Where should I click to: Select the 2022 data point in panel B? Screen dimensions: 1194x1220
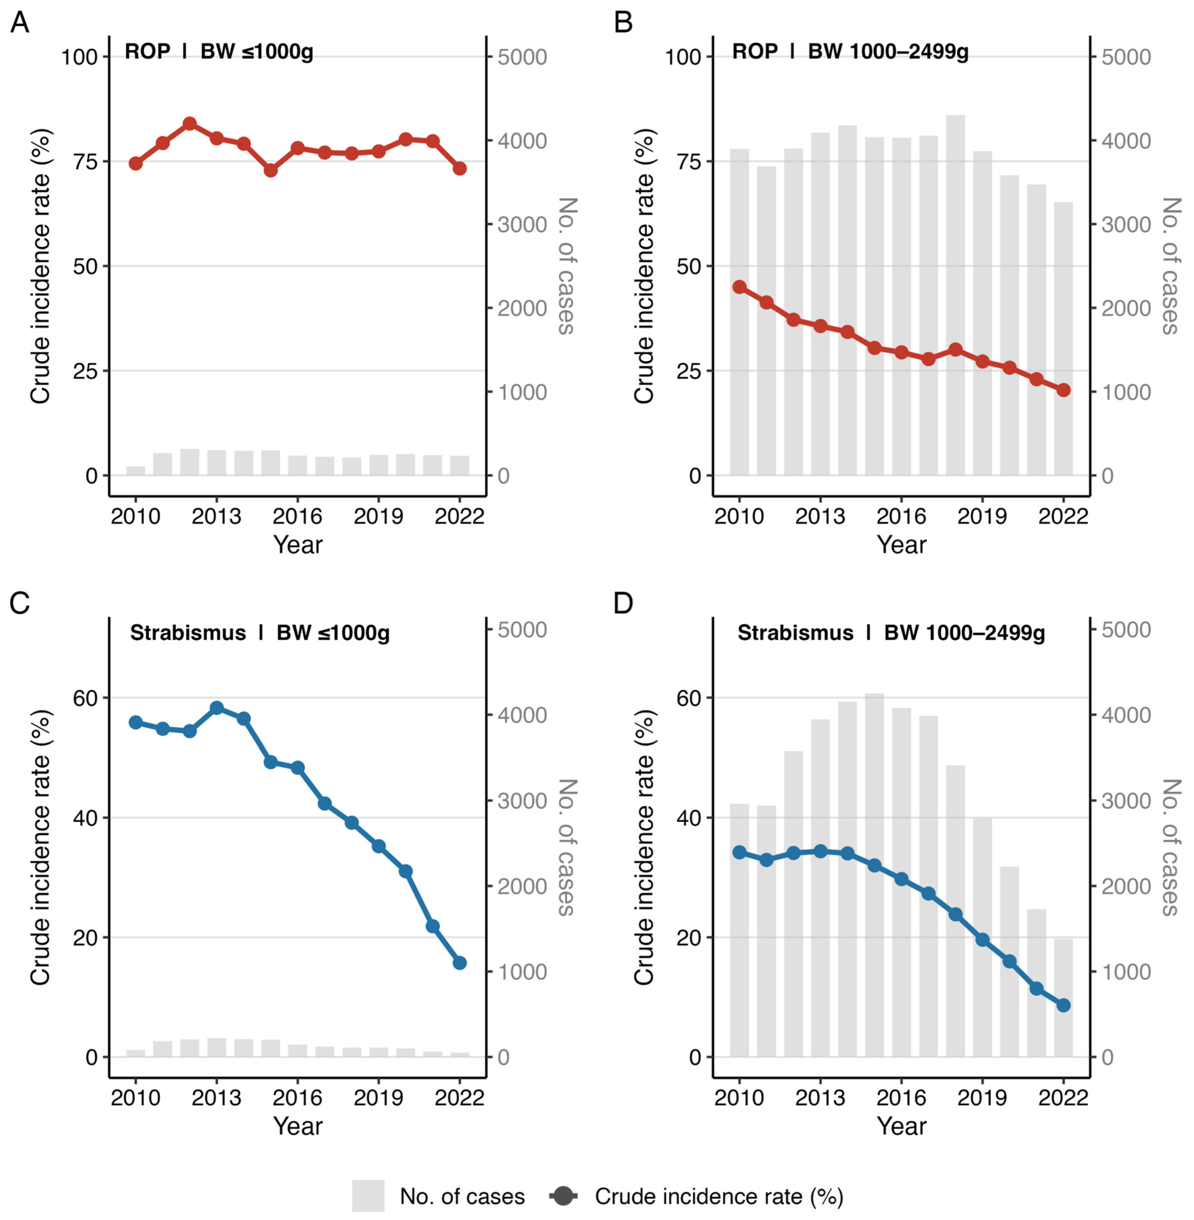pos(1064,390)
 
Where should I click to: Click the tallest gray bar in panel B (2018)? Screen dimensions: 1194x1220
pos(956,295)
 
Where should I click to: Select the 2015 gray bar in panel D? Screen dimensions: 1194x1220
pos(875,875)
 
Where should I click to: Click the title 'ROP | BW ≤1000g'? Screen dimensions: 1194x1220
pos(219,52)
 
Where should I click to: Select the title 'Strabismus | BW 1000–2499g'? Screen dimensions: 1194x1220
pos(891,633)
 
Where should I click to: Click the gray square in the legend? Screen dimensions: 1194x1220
pos(368,1196)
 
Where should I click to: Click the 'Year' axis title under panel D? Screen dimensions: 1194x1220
pos(901,1126)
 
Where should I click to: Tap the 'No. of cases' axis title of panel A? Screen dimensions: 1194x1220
pos(567,266)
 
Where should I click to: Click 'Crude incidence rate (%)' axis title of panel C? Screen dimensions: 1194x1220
pos(40,848)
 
